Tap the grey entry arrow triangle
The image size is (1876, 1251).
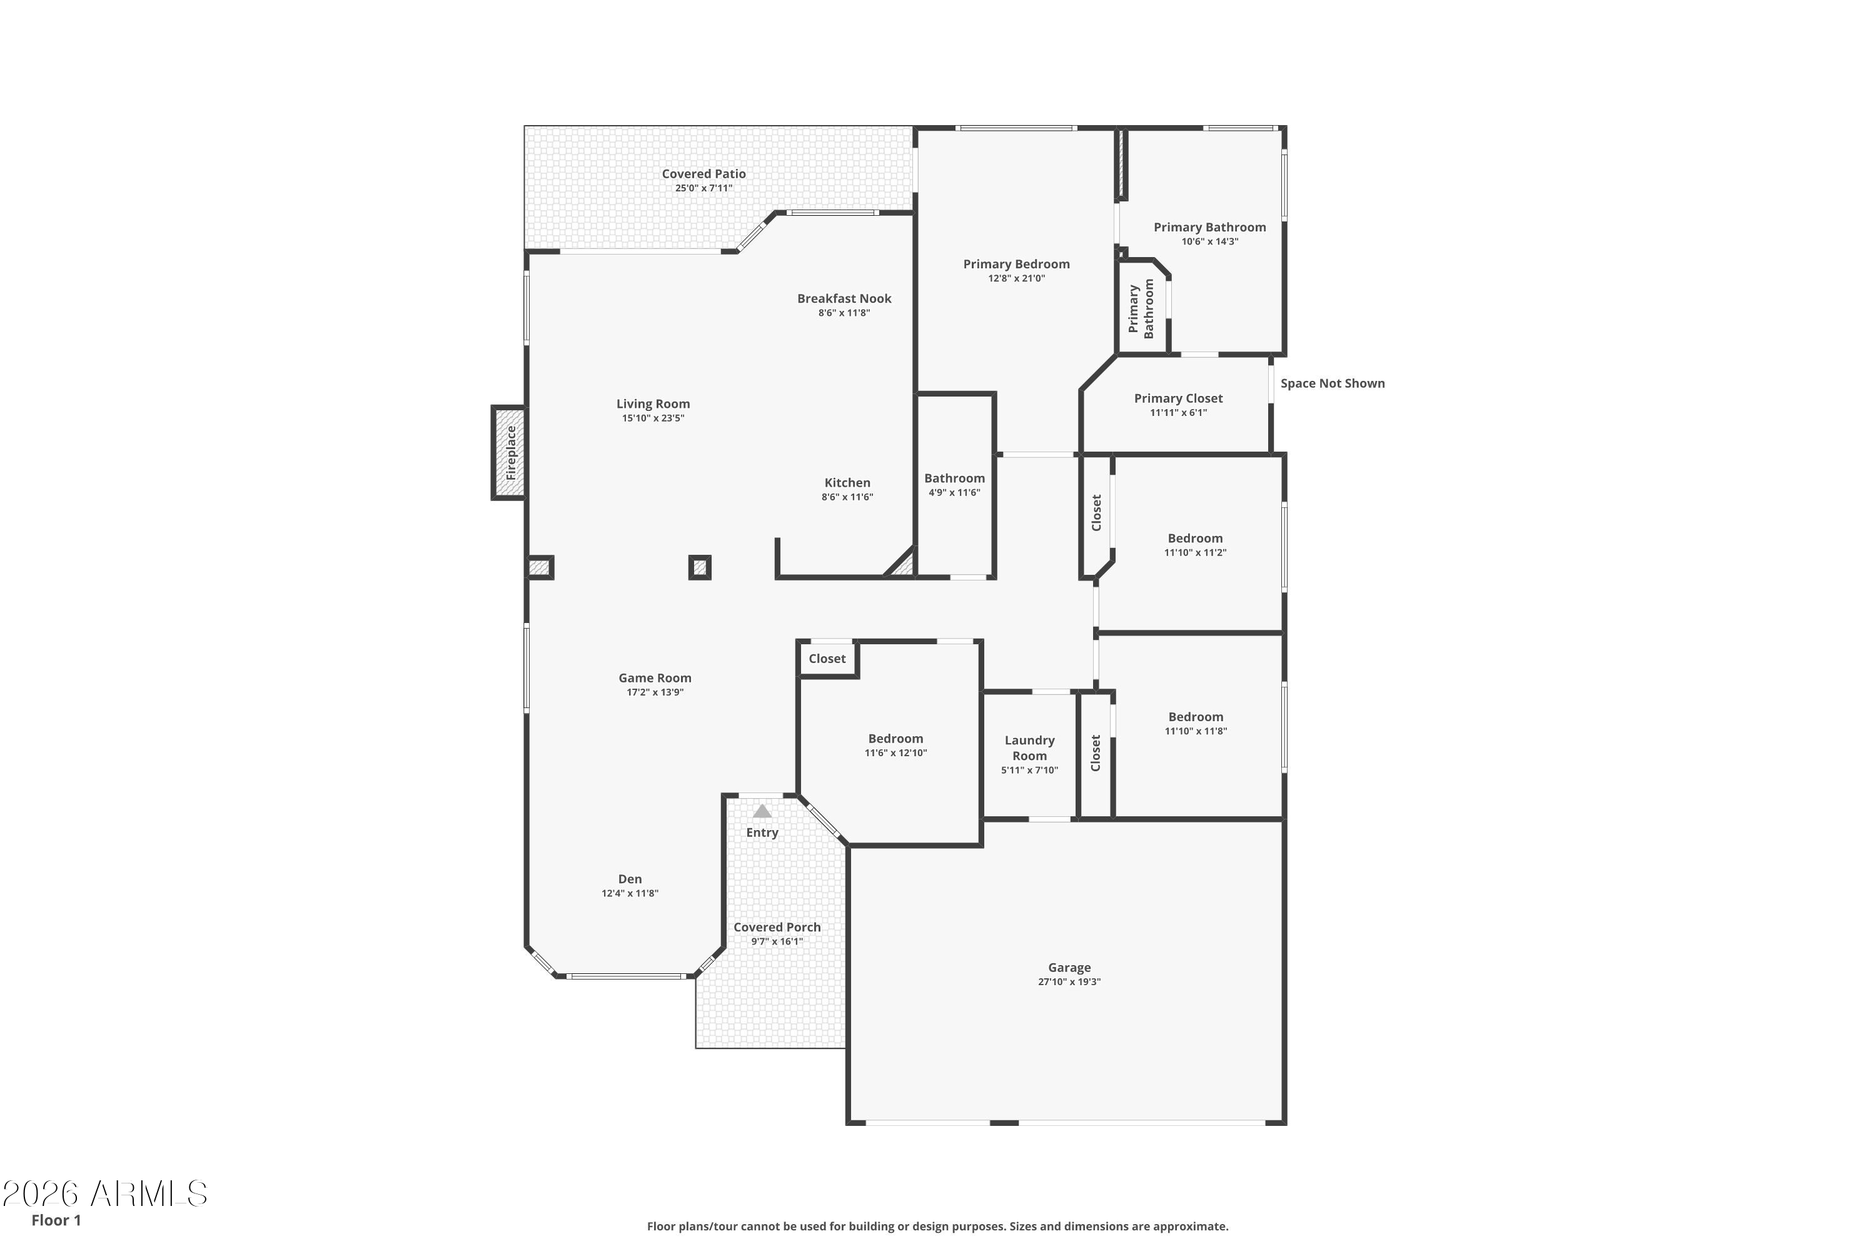point(762,811)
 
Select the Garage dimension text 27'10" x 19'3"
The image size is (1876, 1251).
point(1069,982)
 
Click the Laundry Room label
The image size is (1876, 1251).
point(1029,748)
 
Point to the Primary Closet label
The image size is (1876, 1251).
point(1178,398)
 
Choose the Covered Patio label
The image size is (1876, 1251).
point(703,174)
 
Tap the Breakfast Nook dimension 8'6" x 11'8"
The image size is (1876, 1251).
point(844,313)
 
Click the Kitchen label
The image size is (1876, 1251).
point(847,483)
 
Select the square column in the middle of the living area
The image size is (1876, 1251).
point(700,567)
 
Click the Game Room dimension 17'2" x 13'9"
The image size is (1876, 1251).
point(655,692)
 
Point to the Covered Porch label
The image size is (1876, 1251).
point(777,927)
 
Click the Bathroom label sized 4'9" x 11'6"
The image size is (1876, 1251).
point(954,479)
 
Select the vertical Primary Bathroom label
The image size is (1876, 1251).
point(1141,309)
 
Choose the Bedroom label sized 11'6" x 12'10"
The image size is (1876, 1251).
point(895,739)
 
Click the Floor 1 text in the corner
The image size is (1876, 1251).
point(56,1220)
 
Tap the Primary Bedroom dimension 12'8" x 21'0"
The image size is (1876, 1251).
point(1016,278)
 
